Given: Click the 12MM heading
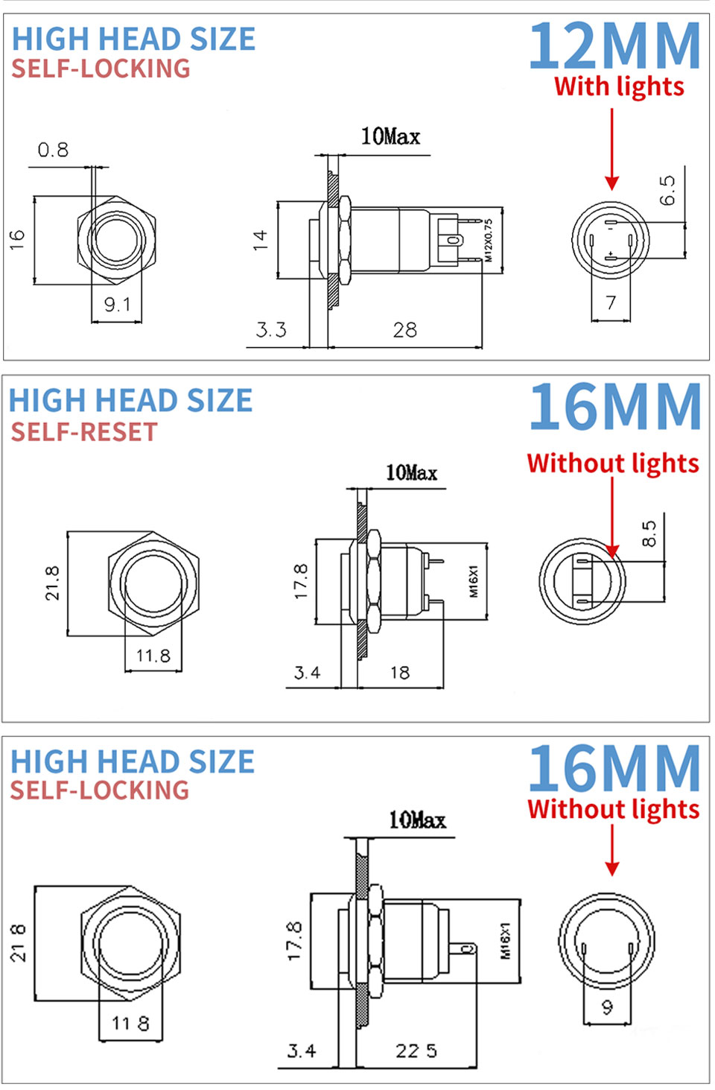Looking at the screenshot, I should (614, 46).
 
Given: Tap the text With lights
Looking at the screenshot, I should (619, 86).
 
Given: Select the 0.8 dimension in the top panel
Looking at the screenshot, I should (53, 150).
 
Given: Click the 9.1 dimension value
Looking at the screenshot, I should (117, 305).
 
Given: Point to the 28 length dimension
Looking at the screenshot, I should (404, 330).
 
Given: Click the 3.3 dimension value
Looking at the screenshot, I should (271, 330).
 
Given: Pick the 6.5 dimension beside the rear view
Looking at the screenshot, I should (667, 191).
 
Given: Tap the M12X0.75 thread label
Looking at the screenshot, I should (489, 240).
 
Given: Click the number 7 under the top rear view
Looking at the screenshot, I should (611, 302).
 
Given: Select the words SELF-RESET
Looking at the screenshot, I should (84, 432).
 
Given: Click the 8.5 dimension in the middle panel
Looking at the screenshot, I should (649, 533).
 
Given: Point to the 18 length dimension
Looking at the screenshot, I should (400, 674).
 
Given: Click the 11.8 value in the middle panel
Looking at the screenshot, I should (153, 656).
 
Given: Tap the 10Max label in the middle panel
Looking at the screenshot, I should (411, 473).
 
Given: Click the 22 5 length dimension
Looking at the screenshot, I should (416, 1051).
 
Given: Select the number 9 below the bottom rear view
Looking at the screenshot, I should (607, 1007).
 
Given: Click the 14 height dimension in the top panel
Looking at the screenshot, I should (259, 240).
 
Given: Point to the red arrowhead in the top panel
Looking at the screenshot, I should (612, 182).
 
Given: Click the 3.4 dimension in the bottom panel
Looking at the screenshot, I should (302, 1051).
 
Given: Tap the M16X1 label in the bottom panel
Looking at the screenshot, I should (505, 941).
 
